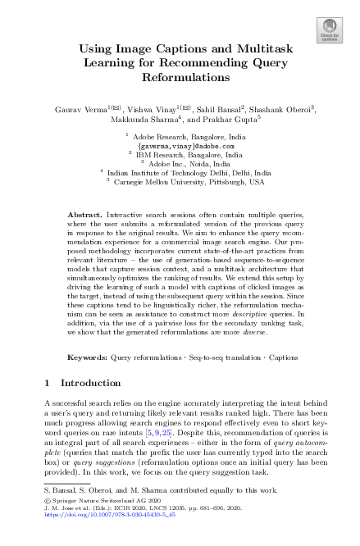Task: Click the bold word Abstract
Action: pyautogui.click(x=83, y=212)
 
